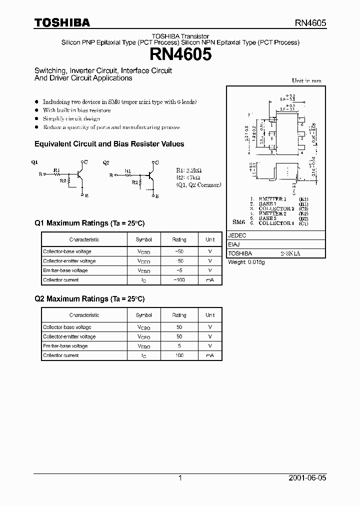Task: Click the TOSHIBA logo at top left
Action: pos(62,23)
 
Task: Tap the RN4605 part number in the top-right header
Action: pos(309,23)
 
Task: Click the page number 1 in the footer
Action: pos(180,478)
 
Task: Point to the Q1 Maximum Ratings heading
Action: pos(89,223)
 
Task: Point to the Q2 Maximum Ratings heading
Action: pos(89,298)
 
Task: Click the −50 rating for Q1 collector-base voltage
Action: pos(179,251)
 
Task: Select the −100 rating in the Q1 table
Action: pos(179,280)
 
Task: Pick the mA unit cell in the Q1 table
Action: pos(210,280)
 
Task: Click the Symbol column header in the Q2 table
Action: pos(144,315)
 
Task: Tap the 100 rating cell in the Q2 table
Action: pos(179,355)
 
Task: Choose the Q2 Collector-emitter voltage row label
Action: pos(69,336)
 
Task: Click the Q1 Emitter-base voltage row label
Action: pos(65,270)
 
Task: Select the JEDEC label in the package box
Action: pos(236,235)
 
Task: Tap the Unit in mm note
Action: pos(306,80)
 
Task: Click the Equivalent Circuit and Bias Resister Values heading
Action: pos(109,144)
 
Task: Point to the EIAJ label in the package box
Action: pos(234,244)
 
